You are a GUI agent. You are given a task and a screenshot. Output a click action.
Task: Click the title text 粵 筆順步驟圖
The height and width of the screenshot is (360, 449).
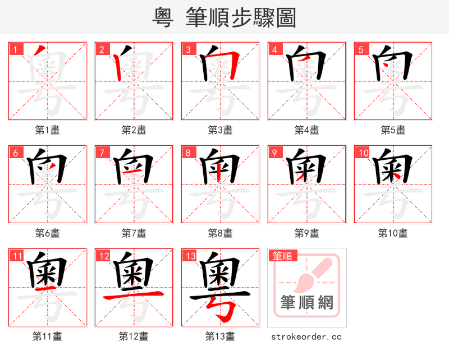coord(224,17)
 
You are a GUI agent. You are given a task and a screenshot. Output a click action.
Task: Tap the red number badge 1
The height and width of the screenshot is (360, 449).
coord(15,49)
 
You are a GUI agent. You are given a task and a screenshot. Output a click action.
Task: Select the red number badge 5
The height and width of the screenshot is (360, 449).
coord(361,49)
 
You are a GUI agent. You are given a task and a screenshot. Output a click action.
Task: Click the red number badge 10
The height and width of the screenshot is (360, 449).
coord(363,153)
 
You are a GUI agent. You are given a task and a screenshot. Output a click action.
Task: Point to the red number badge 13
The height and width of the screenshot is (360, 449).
coord(190,256)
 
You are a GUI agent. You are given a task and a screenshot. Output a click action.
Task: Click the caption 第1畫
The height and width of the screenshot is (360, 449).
coord(48,130)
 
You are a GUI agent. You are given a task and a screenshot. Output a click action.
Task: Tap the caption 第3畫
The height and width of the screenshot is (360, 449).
coord(221,130)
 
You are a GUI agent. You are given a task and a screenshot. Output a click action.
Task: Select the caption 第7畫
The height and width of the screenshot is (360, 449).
coord(134,233)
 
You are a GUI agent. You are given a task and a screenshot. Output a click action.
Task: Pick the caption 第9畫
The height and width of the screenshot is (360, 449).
coord(307,233)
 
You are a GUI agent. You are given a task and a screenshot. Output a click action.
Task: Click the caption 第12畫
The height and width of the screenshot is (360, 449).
coord(134,336)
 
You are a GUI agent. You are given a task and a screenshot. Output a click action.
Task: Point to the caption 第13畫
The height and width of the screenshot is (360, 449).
coord(221,336)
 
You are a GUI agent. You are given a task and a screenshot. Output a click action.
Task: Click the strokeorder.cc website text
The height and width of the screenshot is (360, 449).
coord(306,337)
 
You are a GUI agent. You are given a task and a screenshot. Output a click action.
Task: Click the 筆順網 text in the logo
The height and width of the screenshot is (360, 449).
coord(307,303)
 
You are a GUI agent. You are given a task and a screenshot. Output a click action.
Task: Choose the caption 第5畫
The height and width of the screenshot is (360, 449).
coord(393,130)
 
